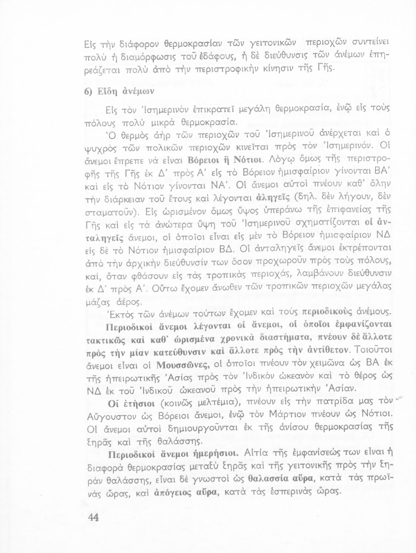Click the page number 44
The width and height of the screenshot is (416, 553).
coord(94,517)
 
